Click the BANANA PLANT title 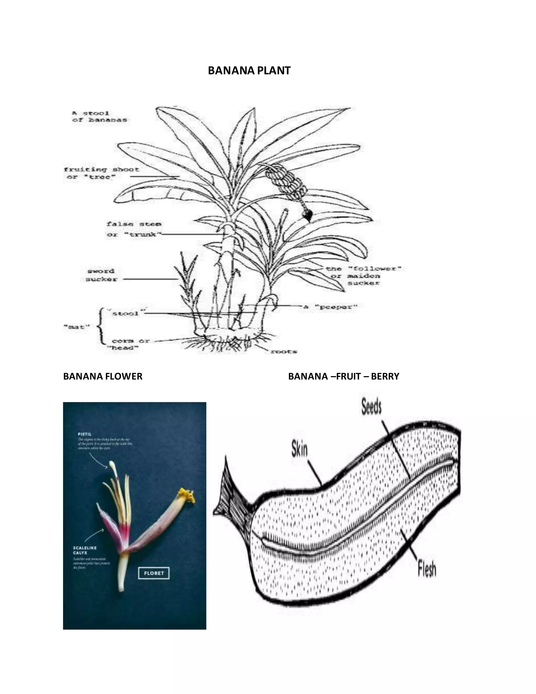coord(249,70)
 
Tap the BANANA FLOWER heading coord(103,377)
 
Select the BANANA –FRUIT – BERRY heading coord(343,377)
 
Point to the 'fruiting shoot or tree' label coord(101,173)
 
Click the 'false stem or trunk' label coord(134,229)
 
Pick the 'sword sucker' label coord(101,275)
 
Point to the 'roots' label coord(283,351)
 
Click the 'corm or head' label coord(129,344)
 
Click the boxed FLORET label coord(154,573)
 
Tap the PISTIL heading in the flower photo coord(85,434)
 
